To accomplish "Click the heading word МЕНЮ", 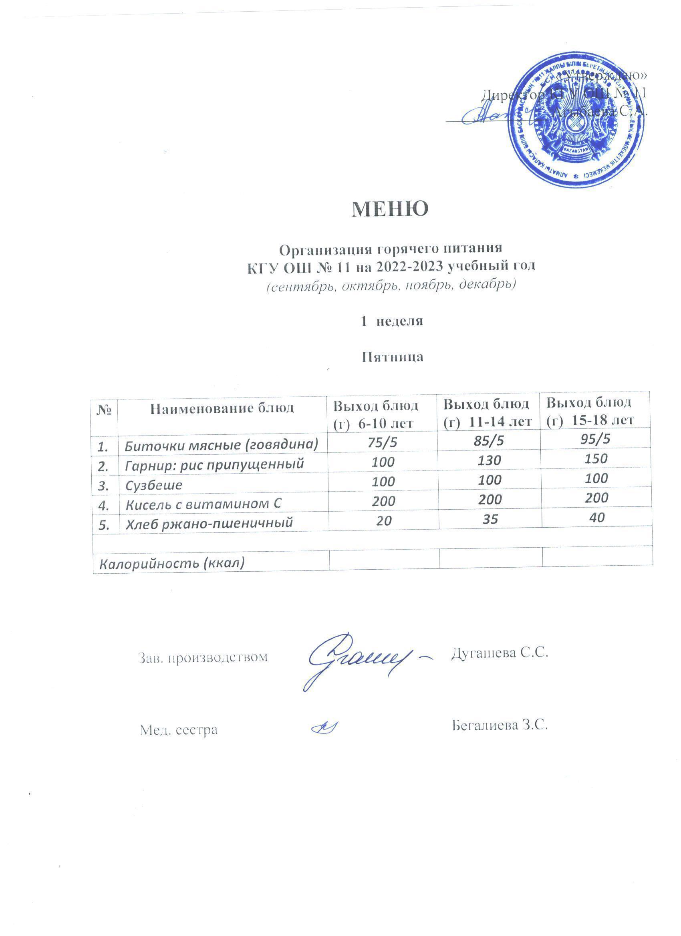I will pos(390,209).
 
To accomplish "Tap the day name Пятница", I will pos(392,357).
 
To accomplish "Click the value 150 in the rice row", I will pos(596,458).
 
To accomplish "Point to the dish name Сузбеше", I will pos(154,485).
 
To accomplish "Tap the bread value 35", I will pos(490,519).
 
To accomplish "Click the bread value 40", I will pos(597,517).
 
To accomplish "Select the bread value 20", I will pos(383,521).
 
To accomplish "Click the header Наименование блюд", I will pos(222,409).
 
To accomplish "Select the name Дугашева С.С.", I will pos(499,653).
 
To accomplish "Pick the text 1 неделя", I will pos(392,321).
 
